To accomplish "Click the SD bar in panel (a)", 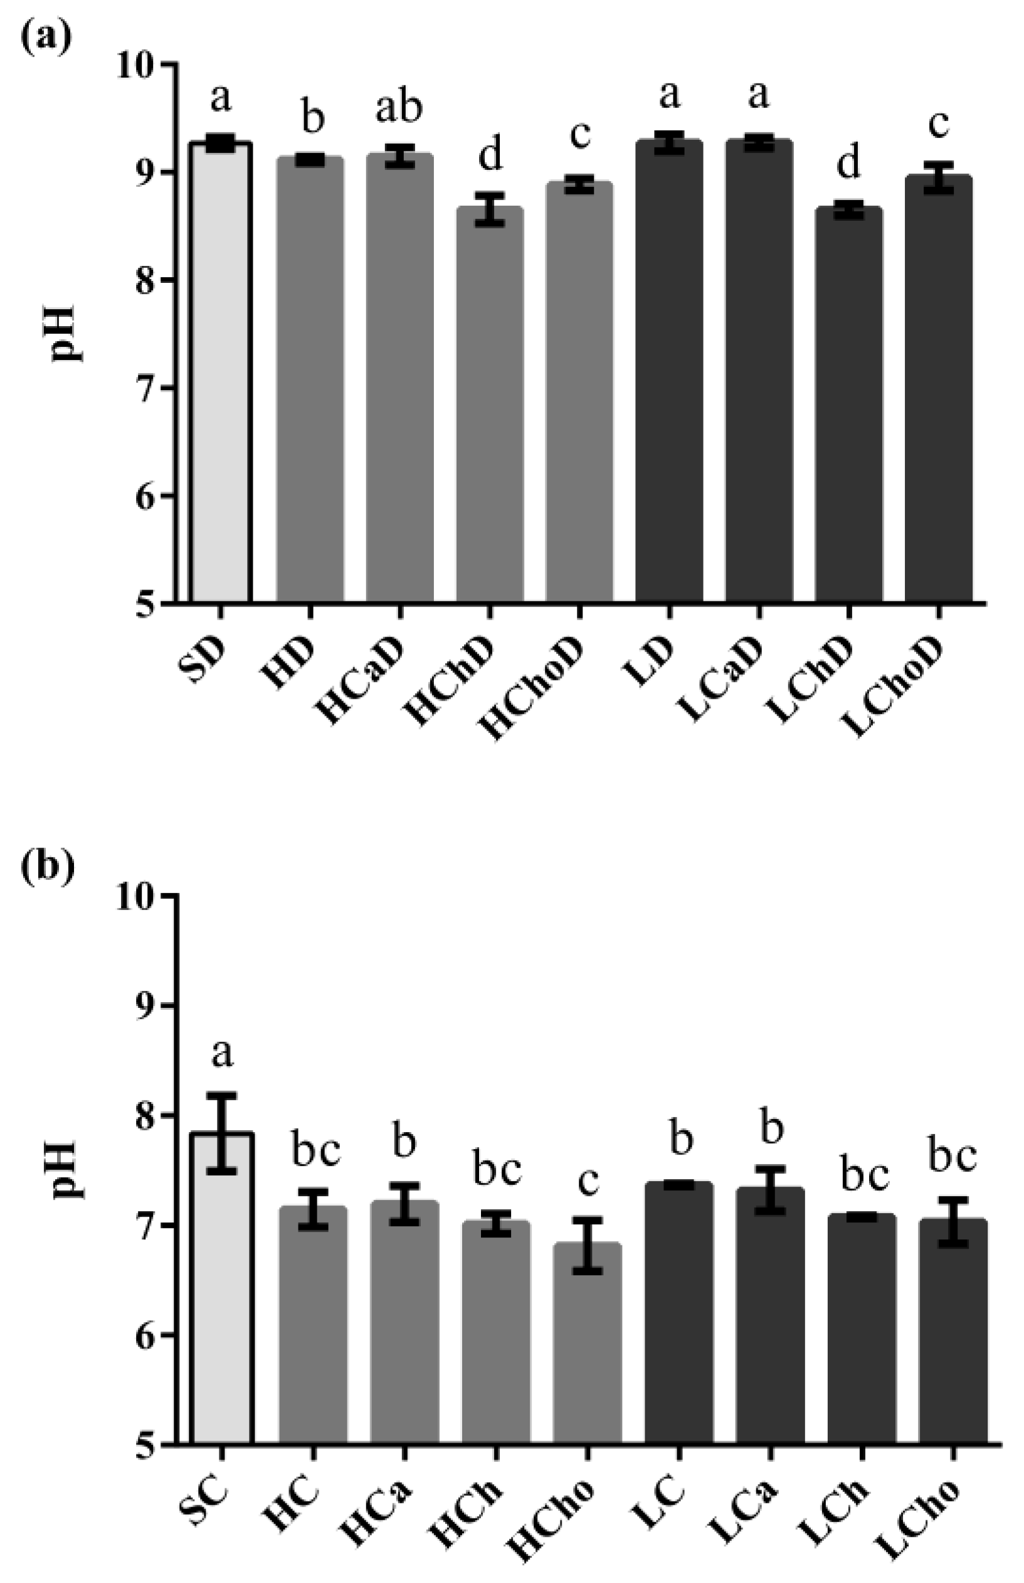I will click(x=220, y=373).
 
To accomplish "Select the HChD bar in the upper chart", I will click(x=489, y=406).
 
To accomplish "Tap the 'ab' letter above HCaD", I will click(x=399, y=109).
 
